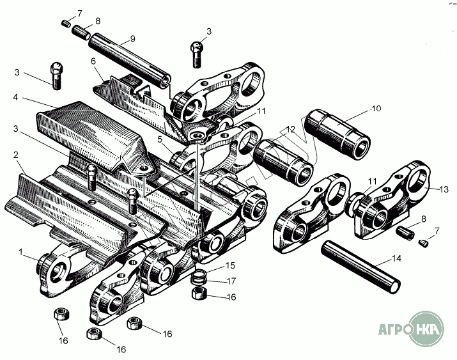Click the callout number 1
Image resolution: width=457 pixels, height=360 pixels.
coord(22,253)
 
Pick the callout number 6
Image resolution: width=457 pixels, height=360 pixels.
coord(93,61)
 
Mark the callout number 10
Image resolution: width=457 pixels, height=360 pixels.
coord(376,109)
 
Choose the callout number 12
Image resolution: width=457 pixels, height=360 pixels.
coord(291,130)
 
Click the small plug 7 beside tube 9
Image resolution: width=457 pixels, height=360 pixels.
coord(66,23)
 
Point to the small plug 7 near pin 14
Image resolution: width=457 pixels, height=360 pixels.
coord(422,242)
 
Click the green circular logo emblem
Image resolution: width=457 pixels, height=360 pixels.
coord(426,329)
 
